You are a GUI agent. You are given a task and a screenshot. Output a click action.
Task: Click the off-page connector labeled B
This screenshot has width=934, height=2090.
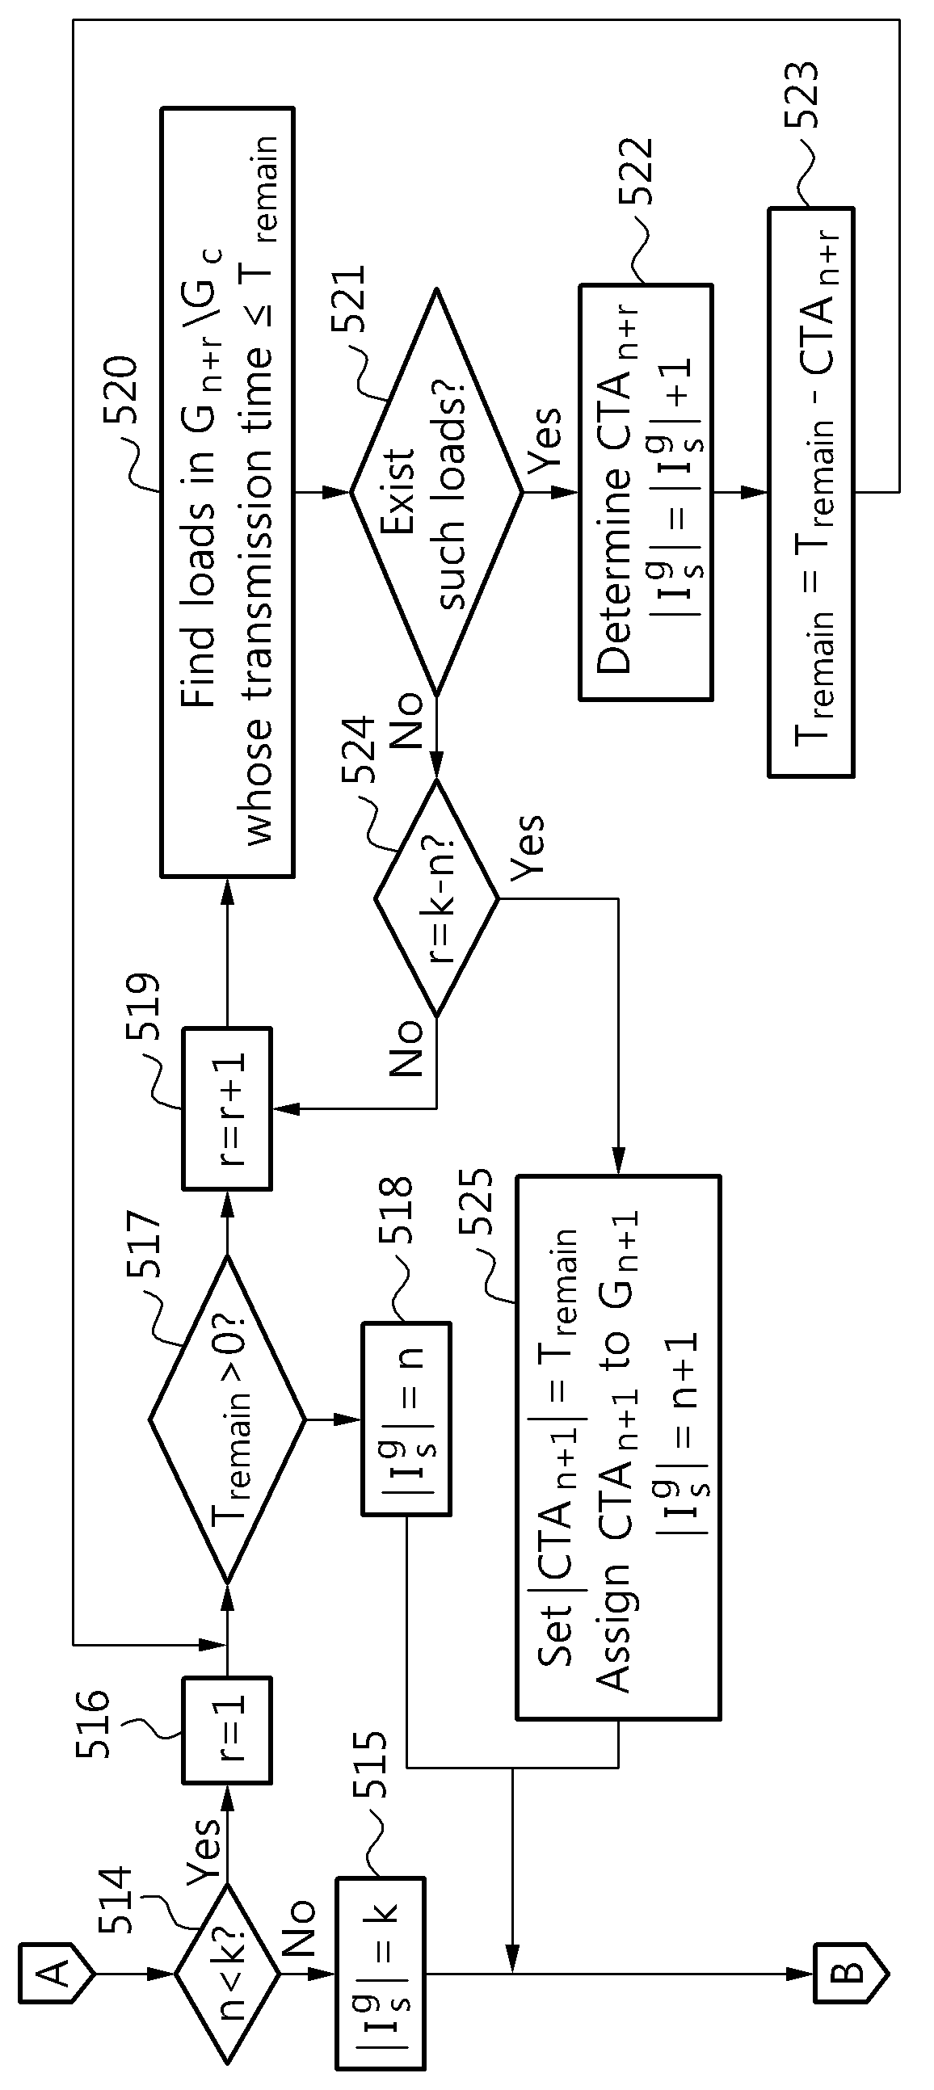pos(851,1974)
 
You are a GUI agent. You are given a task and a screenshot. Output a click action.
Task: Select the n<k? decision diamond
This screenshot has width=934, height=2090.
pos(226,1973)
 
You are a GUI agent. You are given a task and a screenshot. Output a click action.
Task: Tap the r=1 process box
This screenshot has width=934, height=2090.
pos(226,1730)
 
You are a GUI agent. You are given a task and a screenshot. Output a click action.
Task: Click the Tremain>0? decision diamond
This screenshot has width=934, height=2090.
pos(226,1419)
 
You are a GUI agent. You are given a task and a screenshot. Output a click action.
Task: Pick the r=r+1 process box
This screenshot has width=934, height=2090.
pos(226,1108)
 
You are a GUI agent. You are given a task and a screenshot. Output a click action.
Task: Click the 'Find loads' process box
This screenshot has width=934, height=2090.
pos(227,492)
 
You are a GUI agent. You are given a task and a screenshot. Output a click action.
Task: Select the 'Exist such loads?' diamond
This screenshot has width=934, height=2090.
pos(436,492)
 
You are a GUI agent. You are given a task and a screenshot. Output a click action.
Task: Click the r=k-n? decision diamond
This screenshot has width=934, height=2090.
pos(436,898)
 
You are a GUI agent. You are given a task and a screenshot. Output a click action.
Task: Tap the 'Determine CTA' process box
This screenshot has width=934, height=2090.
pos(646,492)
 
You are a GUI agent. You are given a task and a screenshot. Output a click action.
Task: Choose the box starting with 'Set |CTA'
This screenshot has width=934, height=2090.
pos(618,1448)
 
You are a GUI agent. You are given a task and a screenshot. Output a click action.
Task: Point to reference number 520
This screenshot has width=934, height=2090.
pos(123,391)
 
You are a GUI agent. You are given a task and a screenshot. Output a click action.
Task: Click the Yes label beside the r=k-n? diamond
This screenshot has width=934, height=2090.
pos(528,845)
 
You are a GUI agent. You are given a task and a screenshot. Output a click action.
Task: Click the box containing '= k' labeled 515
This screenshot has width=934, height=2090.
pos(381,1973)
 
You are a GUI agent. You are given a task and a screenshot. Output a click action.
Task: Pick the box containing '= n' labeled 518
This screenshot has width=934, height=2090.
pos(405,1419)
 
